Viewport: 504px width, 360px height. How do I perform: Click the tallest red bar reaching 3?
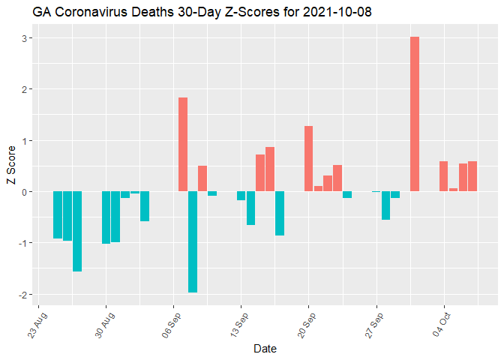pos(415,114)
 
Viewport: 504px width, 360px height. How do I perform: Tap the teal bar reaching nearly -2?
pos(193,241)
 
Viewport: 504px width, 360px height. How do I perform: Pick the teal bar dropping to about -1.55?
pos(77,231)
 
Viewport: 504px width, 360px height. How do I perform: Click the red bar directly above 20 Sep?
pos(308,159)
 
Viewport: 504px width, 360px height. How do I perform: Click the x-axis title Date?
pos(265,348)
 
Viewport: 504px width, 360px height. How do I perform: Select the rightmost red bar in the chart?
pos(472,176)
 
